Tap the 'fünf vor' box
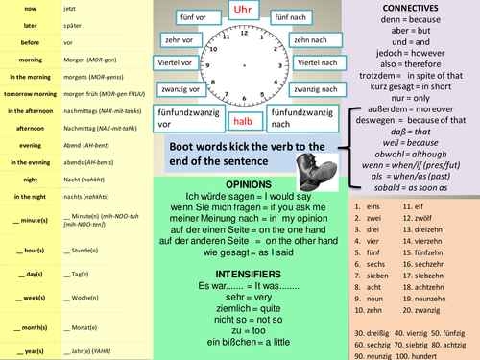coord(195,18)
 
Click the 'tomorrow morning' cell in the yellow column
coord(30,94)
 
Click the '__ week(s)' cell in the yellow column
coord(30,299)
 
